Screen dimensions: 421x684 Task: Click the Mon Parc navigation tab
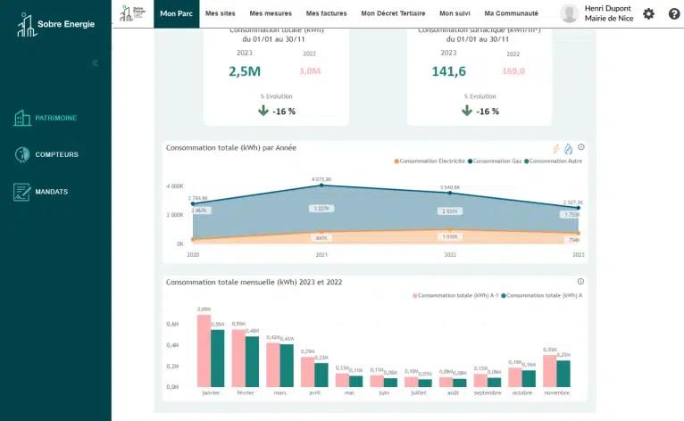(x=177, y=13)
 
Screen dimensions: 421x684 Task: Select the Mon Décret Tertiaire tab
(x=393, y=13)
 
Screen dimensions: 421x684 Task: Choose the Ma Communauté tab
(x=511, y=13)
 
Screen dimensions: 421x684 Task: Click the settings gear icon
(x=648, y=13)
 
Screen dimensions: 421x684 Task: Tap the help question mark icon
(x=673, y=13)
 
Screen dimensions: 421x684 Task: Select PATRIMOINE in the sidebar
(x=55, y=118)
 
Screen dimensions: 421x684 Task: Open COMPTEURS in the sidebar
(x=56, y=154)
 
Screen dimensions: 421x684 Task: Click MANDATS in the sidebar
(x=51, y=192)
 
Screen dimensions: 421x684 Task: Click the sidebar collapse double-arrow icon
(x=95, y=63)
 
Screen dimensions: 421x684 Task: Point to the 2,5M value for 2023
(x=245, y=71)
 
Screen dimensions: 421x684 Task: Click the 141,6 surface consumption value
(x=448, y=71)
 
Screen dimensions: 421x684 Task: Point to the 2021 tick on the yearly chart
(x=322, y=254)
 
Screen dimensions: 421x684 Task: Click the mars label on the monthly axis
(x=279, y=392)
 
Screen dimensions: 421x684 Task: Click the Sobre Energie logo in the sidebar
(x=55, y=24)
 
